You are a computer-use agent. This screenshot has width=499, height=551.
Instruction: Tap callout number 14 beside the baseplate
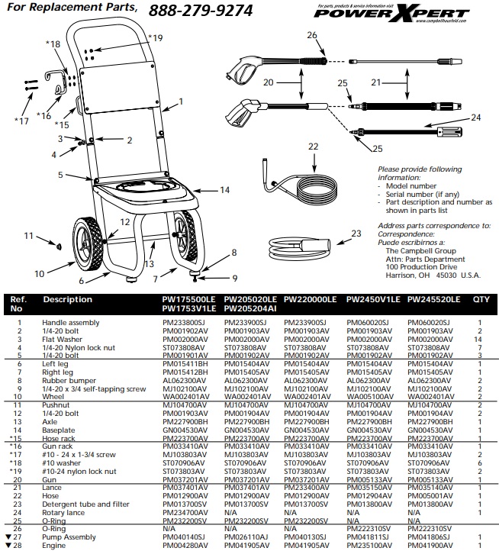pos(224,189)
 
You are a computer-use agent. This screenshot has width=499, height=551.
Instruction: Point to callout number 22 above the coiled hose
pos(313,145)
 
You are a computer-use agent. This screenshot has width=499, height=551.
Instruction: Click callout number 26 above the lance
pos(311,36)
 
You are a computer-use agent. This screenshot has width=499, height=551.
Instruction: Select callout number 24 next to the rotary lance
pos(475,118)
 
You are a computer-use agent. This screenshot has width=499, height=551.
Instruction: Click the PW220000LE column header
pos(310,300)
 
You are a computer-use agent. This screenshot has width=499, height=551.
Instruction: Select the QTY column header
pos(481,300)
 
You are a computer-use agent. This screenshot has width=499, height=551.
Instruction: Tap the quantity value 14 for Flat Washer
pos(479,338)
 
